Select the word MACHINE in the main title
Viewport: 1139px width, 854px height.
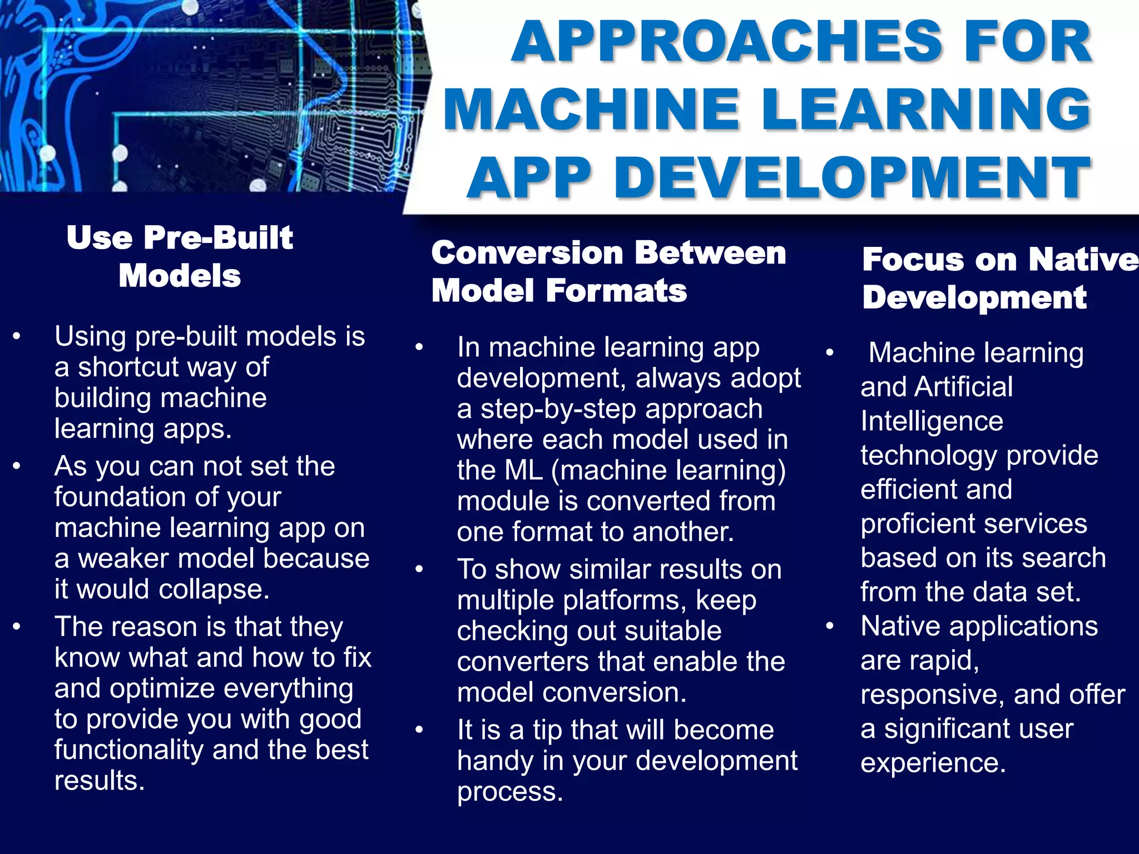[591, 110]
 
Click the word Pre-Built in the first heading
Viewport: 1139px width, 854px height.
[217, 238]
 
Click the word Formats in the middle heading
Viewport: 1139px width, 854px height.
[616, 291]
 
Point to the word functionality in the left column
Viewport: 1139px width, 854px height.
[128, 750]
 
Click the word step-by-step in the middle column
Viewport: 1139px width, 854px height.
[559, 409]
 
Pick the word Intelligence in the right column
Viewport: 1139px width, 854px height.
[932, 421]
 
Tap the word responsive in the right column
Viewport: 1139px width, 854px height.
[932, 695]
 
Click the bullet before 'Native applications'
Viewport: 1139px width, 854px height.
[829, 627]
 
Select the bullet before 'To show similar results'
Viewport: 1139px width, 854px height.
[419, 569]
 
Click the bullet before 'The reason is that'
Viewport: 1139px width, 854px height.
[17, 627]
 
